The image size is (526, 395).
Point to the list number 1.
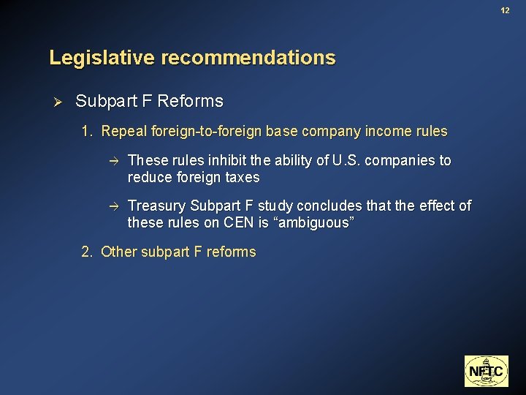[x=86, y=132]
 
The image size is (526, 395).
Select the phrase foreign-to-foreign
[x=206, y=132]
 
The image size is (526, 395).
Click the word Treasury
[x=156, y=206]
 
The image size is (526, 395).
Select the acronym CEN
[x=235, y=224]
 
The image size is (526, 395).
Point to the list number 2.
[x=86, y=252]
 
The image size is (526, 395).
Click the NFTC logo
[x=485, y=371]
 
